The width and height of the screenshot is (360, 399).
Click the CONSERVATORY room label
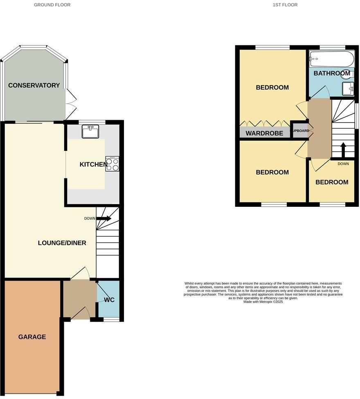34,85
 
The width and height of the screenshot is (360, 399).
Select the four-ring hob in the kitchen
112,164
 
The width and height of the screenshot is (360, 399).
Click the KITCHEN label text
93,164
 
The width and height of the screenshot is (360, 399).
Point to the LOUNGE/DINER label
62,243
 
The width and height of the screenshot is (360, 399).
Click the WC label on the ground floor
109,300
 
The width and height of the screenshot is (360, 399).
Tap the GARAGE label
32,337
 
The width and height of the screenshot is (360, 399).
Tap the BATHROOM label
331,74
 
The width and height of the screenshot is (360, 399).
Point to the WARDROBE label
264,133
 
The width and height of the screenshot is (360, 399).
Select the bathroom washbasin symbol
348,87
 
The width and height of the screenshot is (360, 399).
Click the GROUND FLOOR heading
52,5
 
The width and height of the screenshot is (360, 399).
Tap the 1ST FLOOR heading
285,5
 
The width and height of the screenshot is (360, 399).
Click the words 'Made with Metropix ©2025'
263,302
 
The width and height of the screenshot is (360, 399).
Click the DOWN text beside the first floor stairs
343,164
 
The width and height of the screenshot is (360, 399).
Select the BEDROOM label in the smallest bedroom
332,182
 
